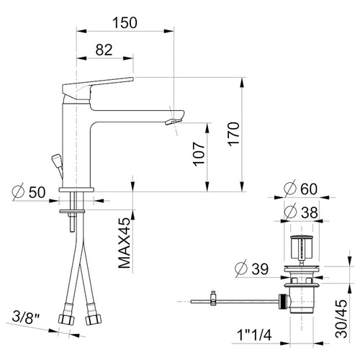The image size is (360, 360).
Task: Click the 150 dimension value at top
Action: (125, 23)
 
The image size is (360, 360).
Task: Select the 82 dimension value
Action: (104, 50)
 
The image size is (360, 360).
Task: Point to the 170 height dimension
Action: (234, 134)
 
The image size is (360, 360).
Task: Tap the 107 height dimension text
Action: (199, 154)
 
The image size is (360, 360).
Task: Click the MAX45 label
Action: (125, 243)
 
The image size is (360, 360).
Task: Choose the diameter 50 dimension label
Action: (29, 192)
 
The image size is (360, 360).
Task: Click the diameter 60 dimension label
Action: (300, 189)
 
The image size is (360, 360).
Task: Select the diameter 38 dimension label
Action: (301, 212)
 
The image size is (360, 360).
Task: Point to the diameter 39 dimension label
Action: (252, 269)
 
